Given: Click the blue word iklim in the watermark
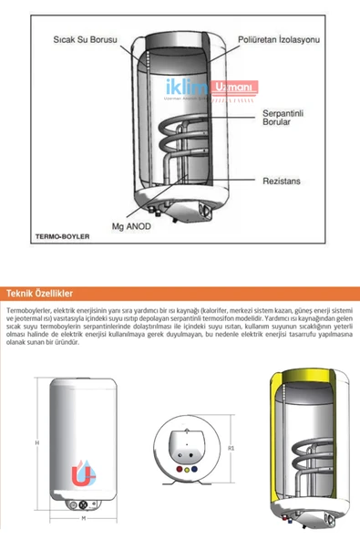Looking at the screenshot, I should pyautogui.click(x=185, y=88).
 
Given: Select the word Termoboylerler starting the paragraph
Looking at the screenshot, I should pyautogui.click(x=27, y=311).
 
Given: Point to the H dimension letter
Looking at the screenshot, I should pyautogui.click(x=36, y=442).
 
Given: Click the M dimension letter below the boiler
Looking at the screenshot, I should pyautogui.click(x=83, y=517).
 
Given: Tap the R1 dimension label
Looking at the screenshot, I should pyautogui.click(x=232, y=448).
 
